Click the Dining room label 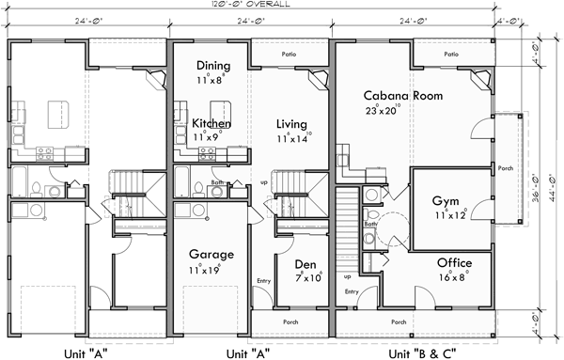pyautogui.click(x=214, y=66)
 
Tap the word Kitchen pyautogui.click(x=211, y=123)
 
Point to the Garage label pyautogui.click(x=211, y=254)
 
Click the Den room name pyautogui.click(x=305, y=264)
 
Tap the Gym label pyautogui.click(x=446, y=201)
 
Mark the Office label pyautogui.click(x=454, y=261)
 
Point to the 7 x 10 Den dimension pyautogui.click(x=306, y=278)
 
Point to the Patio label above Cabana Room pyautogui.click(x=451, y=55)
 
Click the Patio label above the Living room pyautogui.click(x=290, y=55)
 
